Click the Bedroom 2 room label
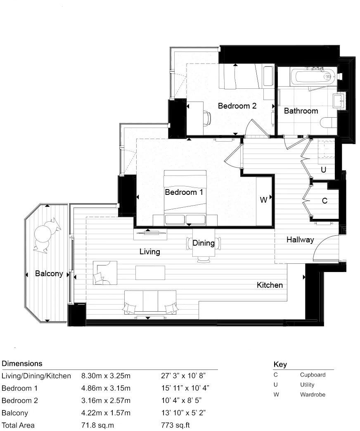coord(237,106)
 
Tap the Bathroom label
coord(301,111)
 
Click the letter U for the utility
coord(323,170)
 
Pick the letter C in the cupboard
coord(324,201)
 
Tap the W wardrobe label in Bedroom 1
coord(263,200)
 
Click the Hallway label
coord(300,239)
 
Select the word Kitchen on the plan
coord(270,285)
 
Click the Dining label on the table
coord(204,243)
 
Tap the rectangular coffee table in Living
coord(150,272)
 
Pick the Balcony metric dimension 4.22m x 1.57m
coord(106,413)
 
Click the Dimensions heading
coord(22,364)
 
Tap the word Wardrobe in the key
coord(313,394)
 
